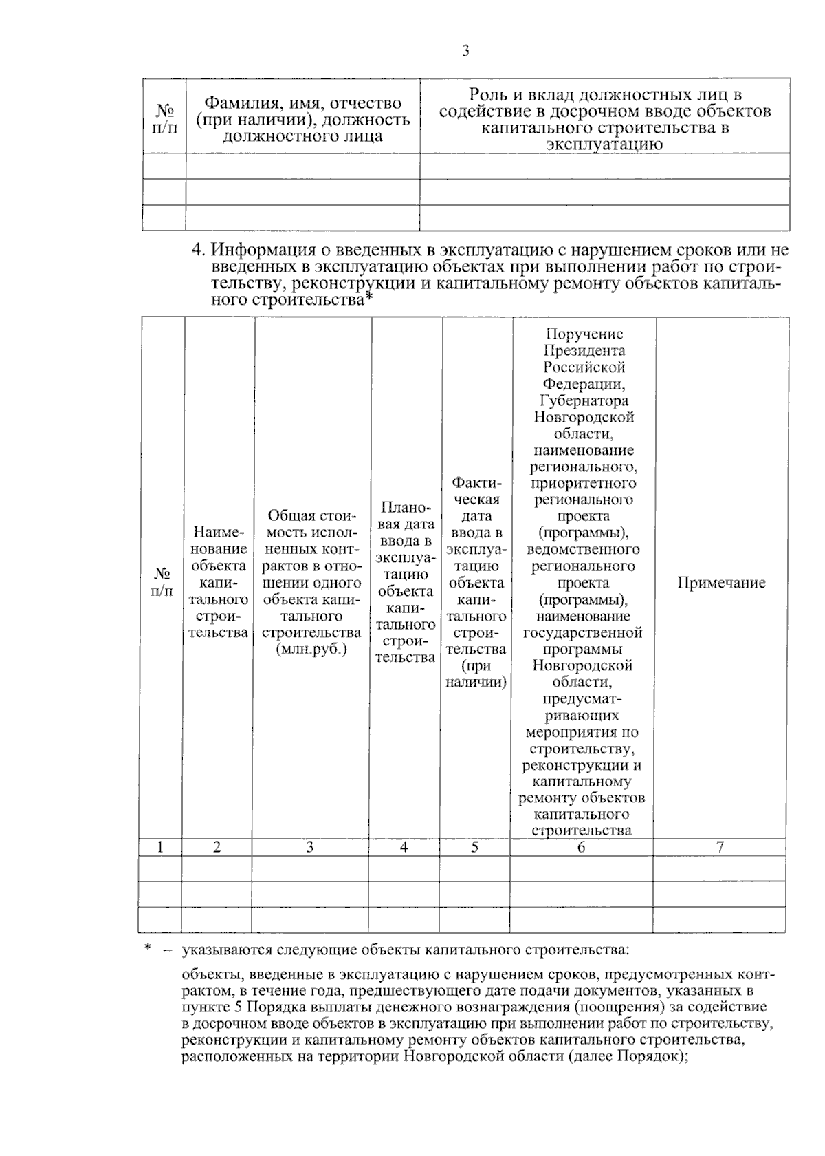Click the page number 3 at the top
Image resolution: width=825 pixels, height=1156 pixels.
[465, 51]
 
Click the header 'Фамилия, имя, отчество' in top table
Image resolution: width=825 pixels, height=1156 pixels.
[303, 104]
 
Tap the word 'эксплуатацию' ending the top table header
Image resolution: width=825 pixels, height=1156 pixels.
[604, 144]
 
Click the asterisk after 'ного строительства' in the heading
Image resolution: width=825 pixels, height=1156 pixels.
[368, 299]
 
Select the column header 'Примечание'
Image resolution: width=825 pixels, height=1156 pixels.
[721, 583]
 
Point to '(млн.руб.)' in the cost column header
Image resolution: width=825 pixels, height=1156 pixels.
[311, 650]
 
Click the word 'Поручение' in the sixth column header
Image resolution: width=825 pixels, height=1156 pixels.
[584, 334]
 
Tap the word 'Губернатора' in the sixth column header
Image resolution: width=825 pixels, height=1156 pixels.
[584, 400]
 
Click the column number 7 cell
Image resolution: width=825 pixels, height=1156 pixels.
[720, 848]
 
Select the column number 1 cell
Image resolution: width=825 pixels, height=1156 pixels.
[160, 848]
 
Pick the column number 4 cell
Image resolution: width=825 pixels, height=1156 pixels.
[404, 848]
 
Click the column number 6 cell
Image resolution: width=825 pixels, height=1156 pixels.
[582, 848]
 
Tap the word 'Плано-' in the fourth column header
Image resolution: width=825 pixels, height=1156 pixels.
[406, 508]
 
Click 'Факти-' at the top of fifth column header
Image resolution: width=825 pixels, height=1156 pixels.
[476, 482]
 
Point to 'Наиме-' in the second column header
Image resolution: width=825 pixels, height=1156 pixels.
[219, 533]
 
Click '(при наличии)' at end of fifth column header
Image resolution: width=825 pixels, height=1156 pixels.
[476, 674]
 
